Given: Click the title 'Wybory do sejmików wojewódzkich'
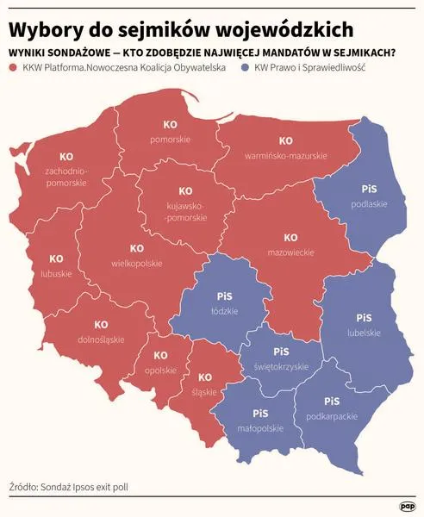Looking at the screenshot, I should point(182,28).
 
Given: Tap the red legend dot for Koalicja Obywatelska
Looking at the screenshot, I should point(15,66).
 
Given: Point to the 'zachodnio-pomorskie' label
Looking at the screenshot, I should point(65,177).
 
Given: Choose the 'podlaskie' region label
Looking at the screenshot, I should point(370,204).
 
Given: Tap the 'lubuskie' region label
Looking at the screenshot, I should point(56,274).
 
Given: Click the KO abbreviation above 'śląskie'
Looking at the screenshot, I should point(205,377).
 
